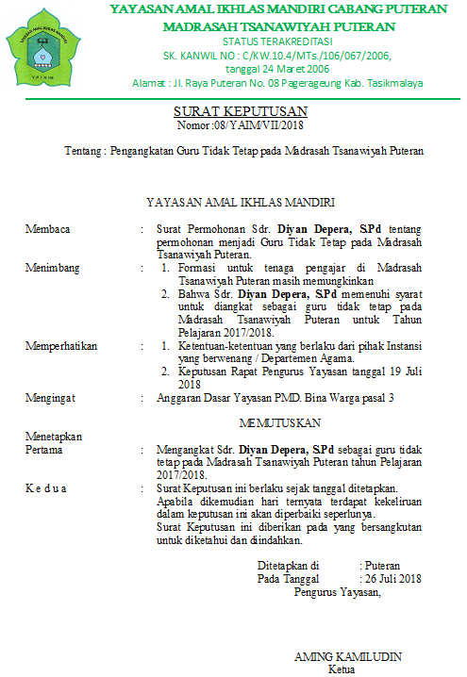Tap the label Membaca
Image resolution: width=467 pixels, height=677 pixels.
[48, 229]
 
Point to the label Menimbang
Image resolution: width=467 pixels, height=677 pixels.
[52, 268]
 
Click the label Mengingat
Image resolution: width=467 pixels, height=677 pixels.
[51, 398]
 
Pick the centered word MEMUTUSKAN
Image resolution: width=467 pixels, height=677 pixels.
[280, 421]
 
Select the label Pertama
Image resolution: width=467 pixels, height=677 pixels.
[45, 449]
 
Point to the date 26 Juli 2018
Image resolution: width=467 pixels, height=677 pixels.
[393, 578]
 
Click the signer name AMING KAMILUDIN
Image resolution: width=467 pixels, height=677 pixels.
[348, 656]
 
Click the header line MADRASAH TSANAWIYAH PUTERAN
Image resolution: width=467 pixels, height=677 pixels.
[279, 25]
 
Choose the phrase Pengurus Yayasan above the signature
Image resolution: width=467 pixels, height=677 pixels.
[337, 592]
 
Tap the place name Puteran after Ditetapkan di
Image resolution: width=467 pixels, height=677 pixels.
[383, 565]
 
